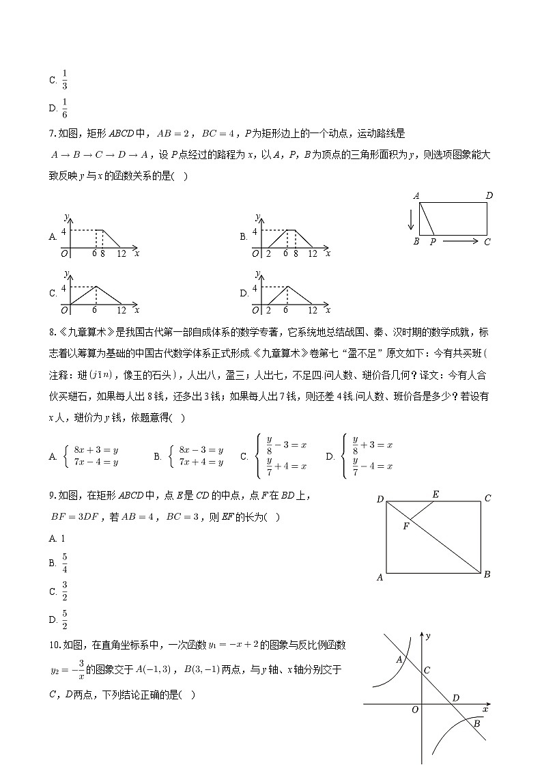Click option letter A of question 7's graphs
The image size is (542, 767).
click(53, 237)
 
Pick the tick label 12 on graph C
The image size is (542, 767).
click(122, 309)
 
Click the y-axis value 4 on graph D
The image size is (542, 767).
click(255, 288)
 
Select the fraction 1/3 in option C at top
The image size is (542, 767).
click(64, 79)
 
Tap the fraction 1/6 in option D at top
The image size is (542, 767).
click(64, 108)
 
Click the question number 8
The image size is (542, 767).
click(52, 333)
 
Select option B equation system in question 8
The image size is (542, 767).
click(200, 456)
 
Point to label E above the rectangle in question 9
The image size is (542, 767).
click(435, 494)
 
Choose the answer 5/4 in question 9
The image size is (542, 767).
click(64, 563)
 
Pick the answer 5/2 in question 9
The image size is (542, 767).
click(64, 619)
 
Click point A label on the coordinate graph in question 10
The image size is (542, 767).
click(399, 659)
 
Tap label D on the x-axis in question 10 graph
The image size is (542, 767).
click(455, 697)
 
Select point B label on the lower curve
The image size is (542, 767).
click(477, 723)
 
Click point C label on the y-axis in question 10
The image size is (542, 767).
click(427, 671)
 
